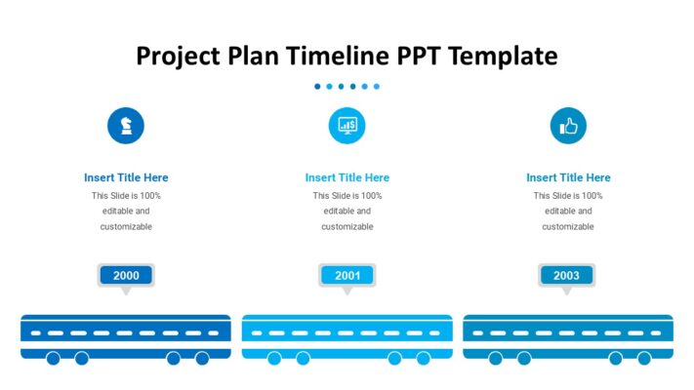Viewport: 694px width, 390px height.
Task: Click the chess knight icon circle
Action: tap(125, 125)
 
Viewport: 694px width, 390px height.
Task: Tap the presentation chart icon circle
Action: tap(347, 125)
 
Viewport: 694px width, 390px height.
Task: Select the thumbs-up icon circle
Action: tap(568, 125)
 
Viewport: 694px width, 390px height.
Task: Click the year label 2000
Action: tap(126, 276)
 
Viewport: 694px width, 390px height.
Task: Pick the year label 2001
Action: tap(347, 276)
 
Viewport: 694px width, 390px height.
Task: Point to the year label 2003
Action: tap(567, 276)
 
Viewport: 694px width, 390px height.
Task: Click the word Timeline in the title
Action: tap(336, 56)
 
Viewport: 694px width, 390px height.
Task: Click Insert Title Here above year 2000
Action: tap(126, 177)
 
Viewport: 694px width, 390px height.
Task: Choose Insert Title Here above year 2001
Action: tap(347, 177)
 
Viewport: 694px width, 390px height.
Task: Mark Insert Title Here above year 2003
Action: tap(568, 177)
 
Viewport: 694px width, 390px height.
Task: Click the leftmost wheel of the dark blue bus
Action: tap(54, 359)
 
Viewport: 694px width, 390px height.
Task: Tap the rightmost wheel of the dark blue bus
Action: tap(202, 359)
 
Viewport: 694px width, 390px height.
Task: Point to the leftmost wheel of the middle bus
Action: tap(274, 359)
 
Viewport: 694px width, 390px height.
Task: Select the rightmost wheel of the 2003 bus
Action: tap(644, 359)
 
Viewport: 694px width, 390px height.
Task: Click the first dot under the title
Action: tap(317, 87)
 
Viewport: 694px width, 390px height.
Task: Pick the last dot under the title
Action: tap(377, 87)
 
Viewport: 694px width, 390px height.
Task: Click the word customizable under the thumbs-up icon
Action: tap(568, 226)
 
